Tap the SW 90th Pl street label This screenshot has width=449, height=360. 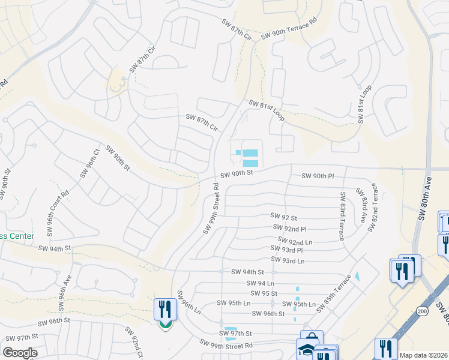point(318,176)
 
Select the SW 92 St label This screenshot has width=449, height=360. point(284,216)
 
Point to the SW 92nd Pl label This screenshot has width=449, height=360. point(289,229)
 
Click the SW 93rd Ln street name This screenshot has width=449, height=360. point(288,260)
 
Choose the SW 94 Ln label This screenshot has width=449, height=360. point(260,283)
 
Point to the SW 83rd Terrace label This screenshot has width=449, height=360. point(342,216)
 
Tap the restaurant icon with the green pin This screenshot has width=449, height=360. point(164,310)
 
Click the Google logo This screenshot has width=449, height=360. point(20,353)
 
